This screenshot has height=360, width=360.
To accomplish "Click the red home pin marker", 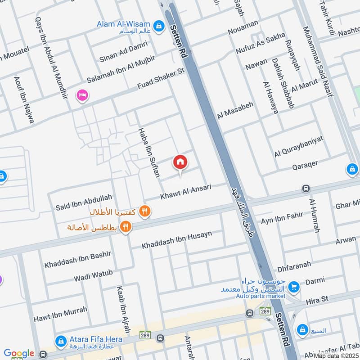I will click(x=180, y=162).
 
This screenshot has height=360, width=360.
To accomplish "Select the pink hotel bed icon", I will click(x=82, y=95).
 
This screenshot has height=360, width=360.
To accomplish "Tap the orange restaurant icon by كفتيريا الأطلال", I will click(x=144, y=211).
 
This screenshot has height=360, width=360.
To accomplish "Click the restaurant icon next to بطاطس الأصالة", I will click(x=126, y=227).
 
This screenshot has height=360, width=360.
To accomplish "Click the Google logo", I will click(x=19, y=354).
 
